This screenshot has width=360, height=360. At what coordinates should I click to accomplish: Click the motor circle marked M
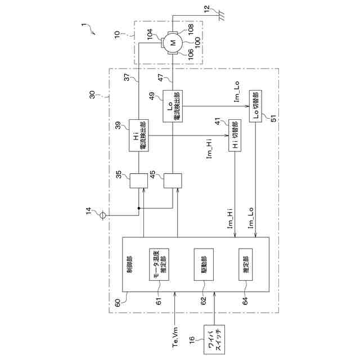[173, 42]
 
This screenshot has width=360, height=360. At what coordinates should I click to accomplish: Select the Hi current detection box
[138, 135]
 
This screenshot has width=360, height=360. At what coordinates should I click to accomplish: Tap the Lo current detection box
[173, 105]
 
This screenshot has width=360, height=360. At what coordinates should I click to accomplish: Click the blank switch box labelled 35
[138, 181]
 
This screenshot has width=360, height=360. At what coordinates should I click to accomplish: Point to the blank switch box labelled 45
[173, 181]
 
